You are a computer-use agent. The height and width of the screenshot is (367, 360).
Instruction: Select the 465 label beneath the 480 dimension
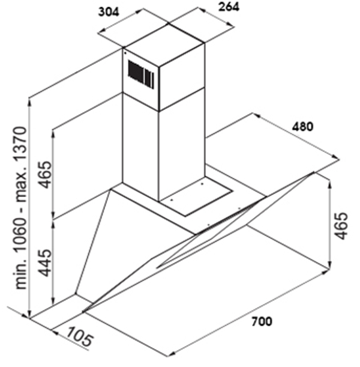[341, 225]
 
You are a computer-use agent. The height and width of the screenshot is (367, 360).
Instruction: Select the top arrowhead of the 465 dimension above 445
[54, 130]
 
